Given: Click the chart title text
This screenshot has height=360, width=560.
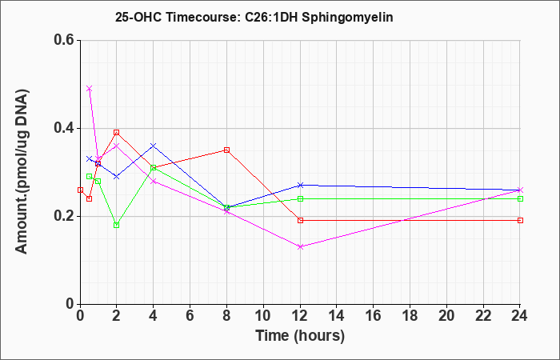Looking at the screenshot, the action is pyautogui.click(x=254, y=17).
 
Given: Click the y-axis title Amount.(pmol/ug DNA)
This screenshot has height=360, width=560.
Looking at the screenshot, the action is pyautogui.click(x=22, y=171).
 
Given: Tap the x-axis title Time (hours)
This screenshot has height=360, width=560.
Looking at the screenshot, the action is pyautogui.click(x=300, y=336).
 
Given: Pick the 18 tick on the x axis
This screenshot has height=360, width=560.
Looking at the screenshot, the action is pyautogui.click(x=410, y=316).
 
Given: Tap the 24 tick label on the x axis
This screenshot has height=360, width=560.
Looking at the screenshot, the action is pyautogui.click(x=520, y=316).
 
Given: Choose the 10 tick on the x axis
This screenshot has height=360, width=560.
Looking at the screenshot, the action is pyautogui.click(x=263, y=316).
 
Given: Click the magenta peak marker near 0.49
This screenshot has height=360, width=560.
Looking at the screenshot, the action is pyautogui.click(x=90, y=88).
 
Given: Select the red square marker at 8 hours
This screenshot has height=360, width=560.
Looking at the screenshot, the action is pyautogui.click(x=226, y=150).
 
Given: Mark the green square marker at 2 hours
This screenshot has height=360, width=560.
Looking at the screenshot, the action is pyautogui.click(x=117, y=225).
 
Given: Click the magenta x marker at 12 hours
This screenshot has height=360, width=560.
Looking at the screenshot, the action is pyautogui.click(x=300, y=246).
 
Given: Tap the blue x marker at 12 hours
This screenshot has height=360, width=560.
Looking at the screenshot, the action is pyautogui.click(x=300, y=185).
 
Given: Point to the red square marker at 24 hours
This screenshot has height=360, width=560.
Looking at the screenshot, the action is pyautogui.click(x=520, y=220).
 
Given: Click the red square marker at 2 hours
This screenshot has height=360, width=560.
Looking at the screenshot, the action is pyautogui.click(x=117, y=133).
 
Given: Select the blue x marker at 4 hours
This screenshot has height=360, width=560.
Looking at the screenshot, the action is pyautogui.click(x=154, y=146).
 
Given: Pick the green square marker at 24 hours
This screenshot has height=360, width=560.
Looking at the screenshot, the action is pyautogui.click(x=520, y=198).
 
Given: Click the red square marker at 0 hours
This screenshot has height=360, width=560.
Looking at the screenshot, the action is pyautogui.click(x=80, y=190).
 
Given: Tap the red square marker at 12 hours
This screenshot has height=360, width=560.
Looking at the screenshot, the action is pyautogui.click(x=300, y=220).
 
